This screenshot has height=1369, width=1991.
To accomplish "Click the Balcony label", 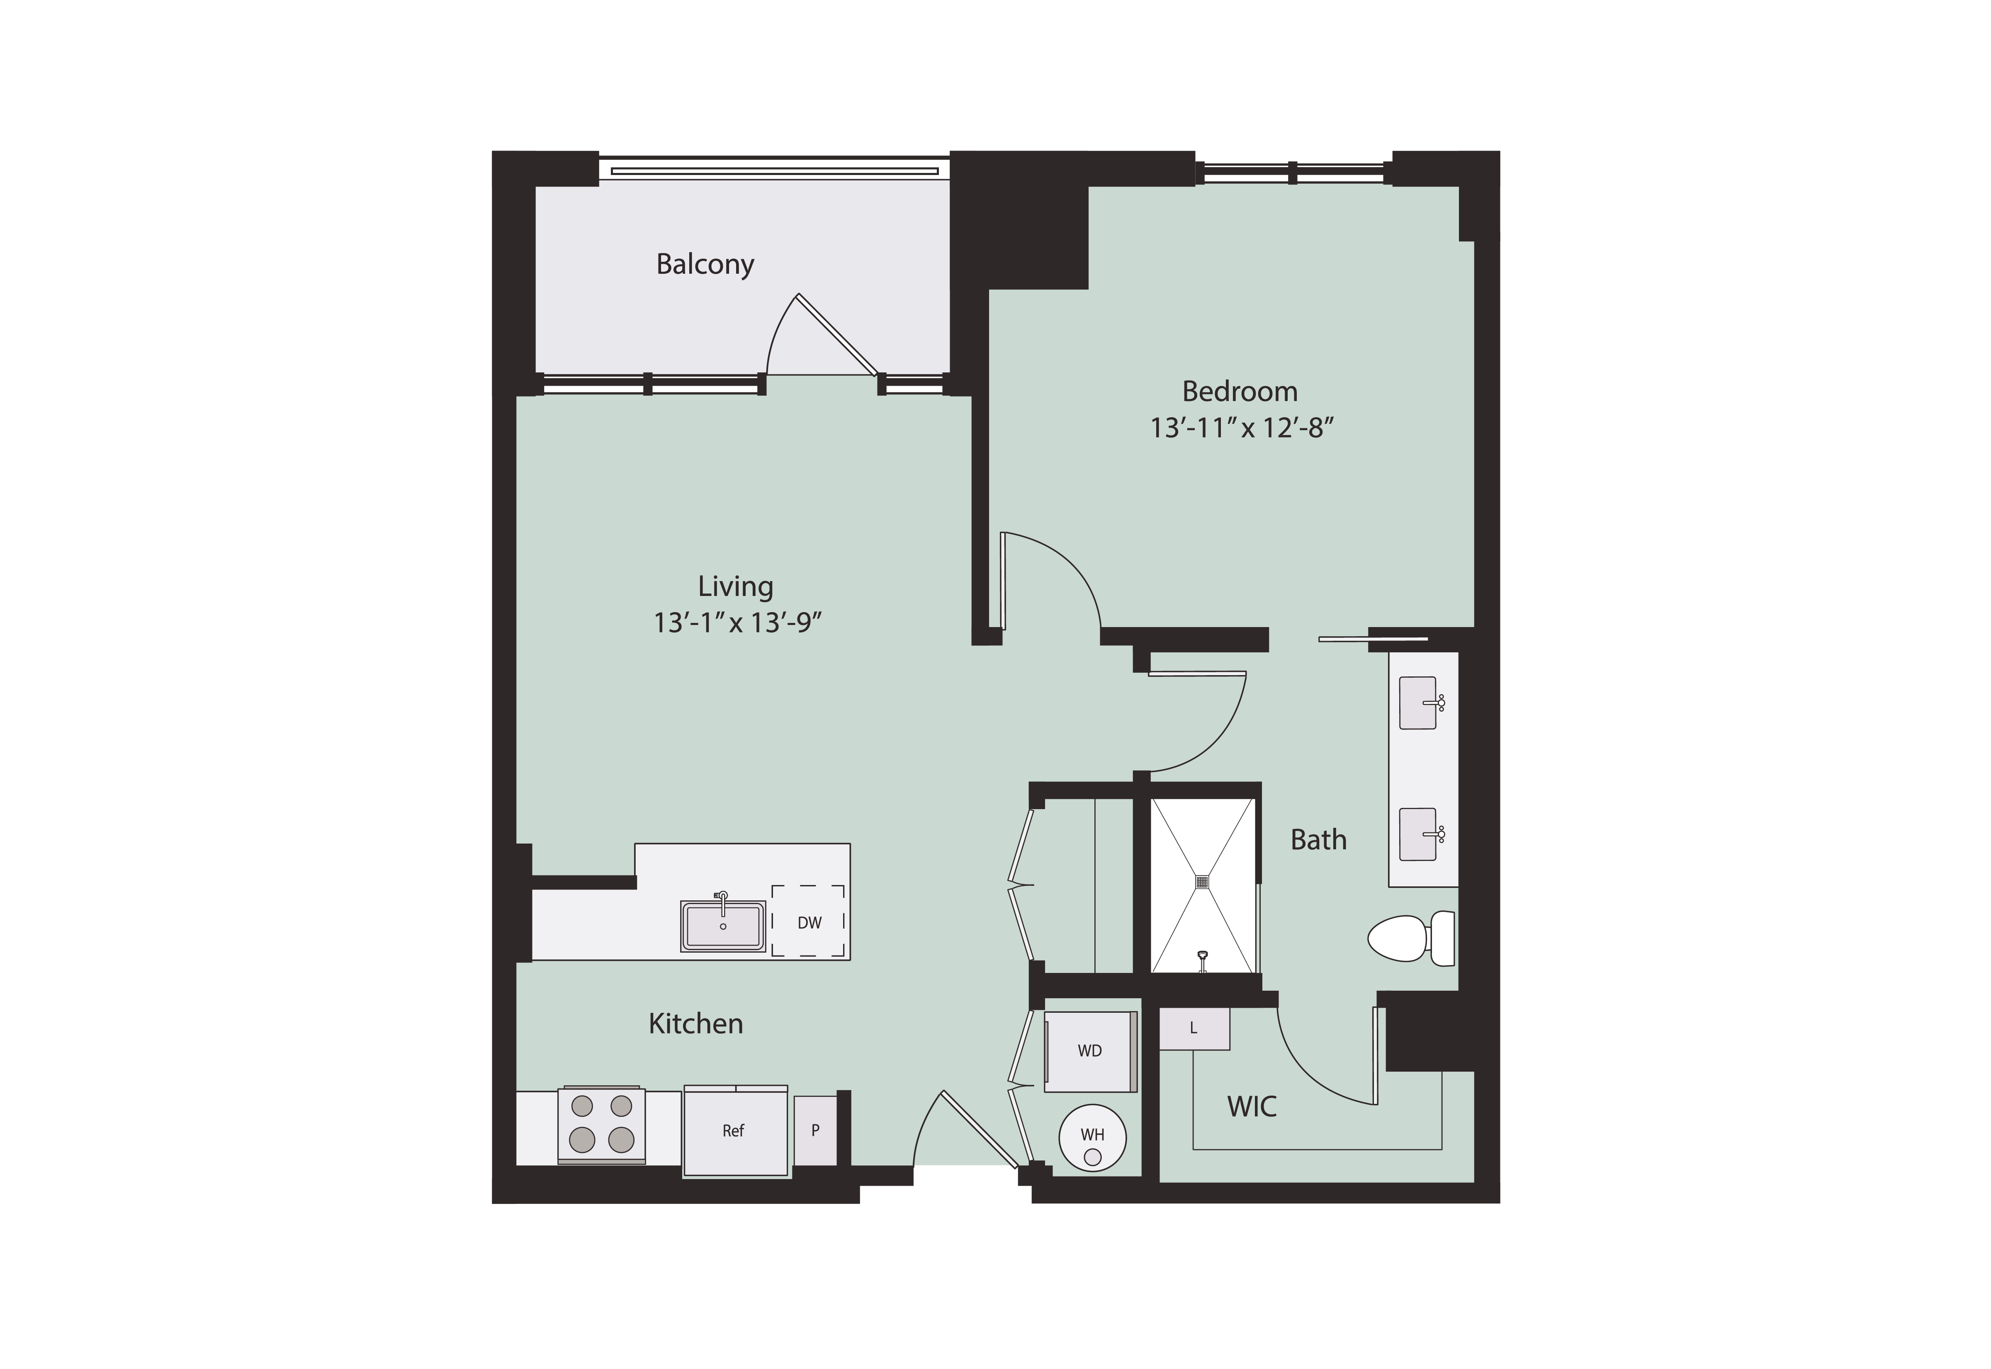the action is pyautogui.click(x=705, y=264).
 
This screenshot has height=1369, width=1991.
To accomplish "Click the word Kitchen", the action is pyautogui.click(x=696, y=1023).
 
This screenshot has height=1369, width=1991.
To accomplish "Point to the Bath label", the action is pyautogui.click(x=1318, y=840).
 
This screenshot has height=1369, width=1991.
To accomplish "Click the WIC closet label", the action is pyautogui.click(x=1252, y=1106).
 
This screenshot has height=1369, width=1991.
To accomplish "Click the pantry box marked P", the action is pyautogui.click(x=815, y=1131).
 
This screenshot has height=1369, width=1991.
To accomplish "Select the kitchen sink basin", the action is pyautogui.click(x=723, y=926).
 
